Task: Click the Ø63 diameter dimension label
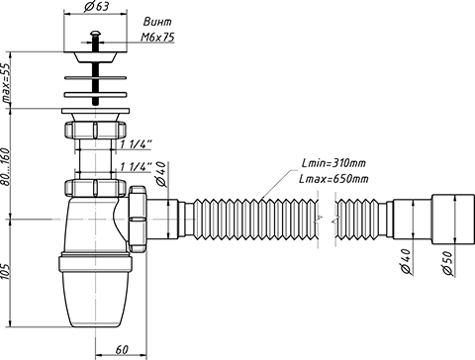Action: pos(96,7)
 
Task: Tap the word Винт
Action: pos(157,22)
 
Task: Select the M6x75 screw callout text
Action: pos(157,38)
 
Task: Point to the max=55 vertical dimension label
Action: pos(7,84)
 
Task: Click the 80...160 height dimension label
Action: pos(7,166)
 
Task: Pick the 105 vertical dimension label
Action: pos(7,271)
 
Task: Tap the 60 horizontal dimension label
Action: pos(122,350)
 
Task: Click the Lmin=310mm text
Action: pos(333,163)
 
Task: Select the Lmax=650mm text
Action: pos(333,179)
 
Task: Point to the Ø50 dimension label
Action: pos(447,263)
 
